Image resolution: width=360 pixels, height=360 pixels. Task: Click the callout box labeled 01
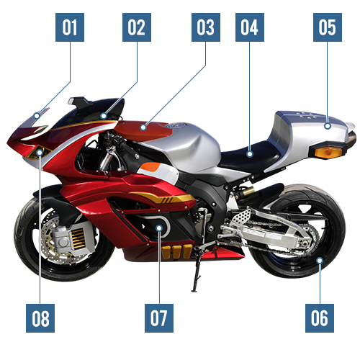click(70, 27)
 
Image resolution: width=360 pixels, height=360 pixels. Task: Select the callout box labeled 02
click(137, 27)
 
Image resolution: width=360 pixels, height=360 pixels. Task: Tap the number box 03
click(206, 27)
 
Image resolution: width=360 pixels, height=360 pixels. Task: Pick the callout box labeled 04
click(250, 27)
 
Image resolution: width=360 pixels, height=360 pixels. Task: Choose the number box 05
click(328, 27)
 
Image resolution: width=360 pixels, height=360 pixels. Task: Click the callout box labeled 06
click(320, 318)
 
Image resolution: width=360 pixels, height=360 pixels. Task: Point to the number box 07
click(159, 318)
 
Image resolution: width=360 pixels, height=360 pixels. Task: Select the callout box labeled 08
click(40, 318)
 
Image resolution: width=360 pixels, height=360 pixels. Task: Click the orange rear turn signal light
click(328, 153)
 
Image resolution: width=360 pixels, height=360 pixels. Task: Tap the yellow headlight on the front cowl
click(38, 152)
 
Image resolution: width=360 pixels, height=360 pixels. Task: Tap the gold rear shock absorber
click(247, 192)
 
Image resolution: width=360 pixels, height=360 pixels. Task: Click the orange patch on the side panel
click(150, 167)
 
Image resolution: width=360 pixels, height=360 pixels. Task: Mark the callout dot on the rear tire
click(320, 260)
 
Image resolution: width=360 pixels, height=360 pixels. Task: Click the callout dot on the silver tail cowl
click(328, 126)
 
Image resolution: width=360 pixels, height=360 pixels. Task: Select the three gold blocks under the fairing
click(177, 252)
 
